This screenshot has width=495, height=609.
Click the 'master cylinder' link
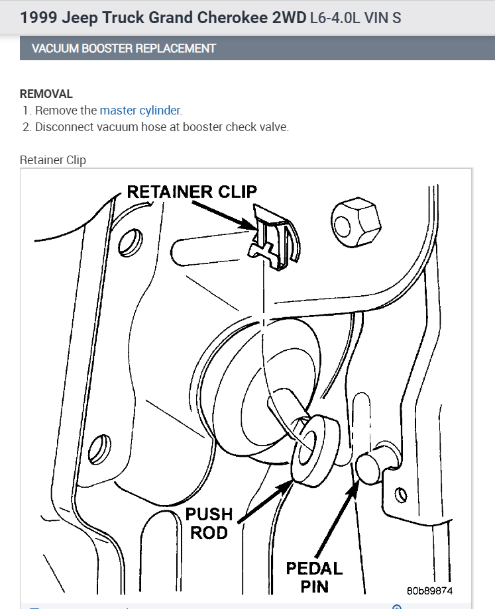tap(140, 111)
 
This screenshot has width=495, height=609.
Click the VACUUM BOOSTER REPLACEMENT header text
tap(124, 48)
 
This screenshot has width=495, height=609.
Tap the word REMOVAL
tap(46, 94)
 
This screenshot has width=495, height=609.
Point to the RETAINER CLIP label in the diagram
tap(192, 192)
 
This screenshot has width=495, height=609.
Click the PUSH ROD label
tap(209, 523)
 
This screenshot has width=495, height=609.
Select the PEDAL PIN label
tap(314, 577)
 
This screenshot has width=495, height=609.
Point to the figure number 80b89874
tap(430, 590)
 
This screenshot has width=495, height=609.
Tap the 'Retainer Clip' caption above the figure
tap(53, 160)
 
